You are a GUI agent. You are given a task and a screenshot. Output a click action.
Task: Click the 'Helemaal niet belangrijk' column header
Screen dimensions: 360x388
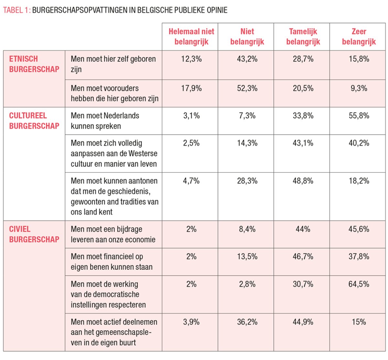click(191, 37)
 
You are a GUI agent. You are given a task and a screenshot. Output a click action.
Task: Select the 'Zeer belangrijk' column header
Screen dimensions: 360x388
click(359, 37)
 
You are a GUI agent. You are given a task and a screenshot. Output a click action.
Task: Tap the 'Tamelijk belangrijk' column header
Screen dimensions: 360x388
click(303, 37)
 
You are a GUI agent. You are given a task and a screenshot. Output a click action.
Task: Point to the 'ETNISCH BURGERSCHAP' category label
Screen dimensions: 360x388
click(34, 64)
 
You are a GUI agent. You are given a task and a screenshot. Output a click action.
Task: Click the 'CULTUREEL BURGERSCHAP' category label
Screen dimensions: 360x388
click(34, 121)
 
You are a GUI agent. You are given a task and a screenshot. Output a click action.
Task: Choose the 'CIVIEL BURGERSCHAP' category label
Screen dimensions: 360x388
click(34, 234)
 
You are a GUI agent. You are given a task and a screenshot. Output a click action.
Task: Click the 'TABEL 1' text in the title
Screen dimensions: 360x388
click(16, 10)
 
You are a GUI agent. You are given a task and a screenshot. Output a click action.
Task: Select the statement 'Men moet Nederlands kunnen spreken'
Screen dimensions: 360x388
click(105, 121)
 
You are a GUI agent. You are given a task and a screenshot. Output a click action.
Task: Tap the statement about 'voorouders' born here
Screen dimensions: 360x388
click(114, 93)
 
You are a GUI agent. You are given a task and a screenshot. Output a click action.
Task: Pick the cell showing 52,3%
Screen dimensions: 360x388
click(247, 88)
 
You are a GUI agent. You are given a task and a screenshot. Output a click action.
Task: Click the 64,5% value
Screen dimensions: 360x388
click(359, 284)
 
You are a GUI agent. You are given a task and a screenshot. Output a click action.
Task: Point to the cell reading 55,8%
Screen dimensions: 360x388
click(359, 116)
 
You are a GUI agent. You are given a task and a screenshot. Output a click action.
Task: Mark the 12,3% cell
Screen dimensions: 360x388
click(191, 59)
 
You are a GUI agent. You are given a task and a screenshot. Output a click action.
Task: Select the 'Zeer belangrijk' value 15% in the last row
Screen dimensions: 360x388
click(359, 322)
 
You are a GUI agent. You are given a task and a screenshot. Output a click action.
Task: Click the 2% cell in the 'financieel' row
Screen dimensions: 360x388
click(191, 256)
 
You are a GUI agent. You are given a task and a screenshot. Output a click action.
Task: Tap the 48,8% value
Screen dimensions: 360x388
click(303, 181)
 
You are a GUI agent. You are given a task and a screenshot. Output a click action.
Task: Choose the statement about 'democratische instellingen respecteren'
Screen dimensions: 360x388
click(108, 294)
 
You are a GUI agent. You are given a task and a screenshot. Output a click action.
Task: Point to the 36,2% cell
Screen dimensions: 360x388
click(247, 322)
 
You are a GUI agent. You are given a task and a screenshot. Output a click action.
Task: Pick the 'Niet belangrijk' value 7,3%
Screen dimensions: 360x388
click(247, 116)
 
